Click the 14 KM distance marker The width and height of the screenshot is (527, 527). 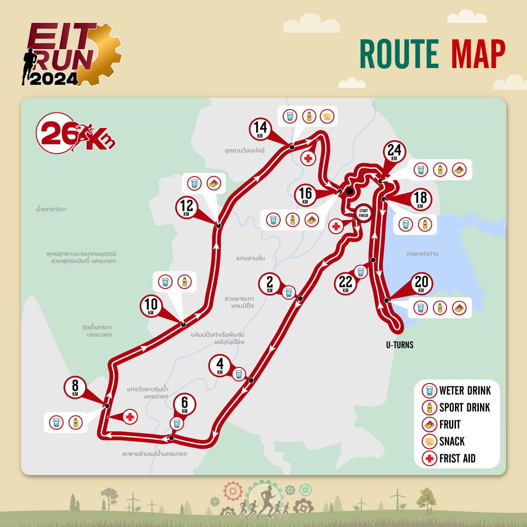[x=260, y=129]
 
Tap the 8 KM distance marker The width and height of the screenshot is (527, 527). [x=75, y=387]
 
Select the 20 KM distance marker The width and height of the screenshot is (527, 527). [x=421, y=283]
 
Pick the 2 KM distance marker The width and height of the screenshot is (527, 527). [x=270, y=283]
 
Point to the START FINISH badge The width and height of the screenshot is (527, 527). [x=363, y=213]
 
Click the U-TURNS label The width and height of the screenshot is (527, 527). [x=400, y=345]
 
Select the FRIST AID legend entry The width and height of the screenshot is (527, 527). [x=457, y=458]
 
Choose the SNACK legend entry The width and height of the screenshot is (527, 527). [x=451, y=441]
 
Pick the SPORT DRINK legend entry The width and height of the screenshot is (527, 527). [x=464, y=408]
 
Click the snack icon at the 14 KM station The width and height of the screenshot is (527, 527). [x=327, y=116]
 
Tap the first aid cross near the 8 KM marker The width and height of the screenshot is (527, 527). [x=130, y=416]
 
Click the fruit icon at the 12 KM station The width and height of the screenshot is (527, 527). [x=214, y=183]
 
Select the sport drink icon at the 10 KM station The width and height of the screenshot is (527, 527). [x=184, y=282]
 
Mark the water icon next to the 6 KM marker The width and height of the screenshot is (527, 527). [x=177, y=423]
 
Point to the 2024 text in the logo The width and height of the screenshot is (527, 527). [x=54, y=79]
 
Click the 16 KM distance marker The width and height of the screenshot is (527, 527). [x=305, y=195]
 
